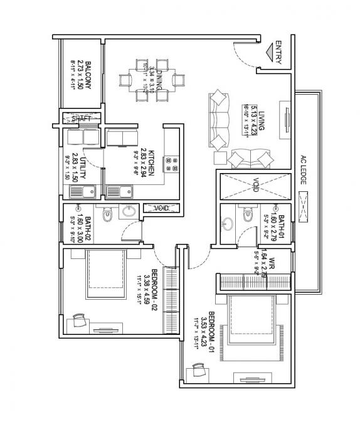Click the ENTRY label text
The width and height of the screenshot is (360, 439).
(x=278, y=53)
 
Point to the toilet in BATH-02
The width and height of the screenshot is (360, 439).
(x=108, y=215)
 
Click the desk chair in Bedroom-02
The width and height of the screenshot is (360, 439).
(x=78, y=320)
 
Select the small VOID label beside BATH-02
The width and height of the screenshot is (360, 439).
(x=154, y=208)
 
